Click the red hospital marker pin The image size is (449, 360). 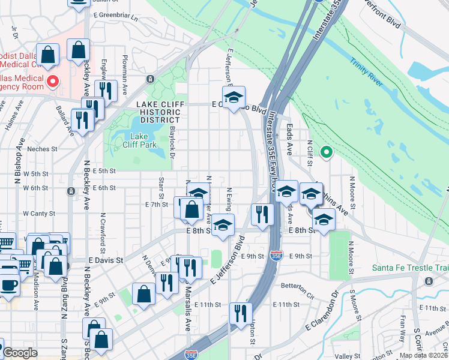pos(52,81)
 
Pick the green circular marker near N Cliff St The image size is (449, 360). pos(326,152)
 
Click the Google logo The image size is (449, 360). pos(20,353)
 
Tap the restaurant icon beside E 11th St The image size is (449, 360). pos(241,313)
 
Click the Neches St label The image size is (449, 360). pos(42,149)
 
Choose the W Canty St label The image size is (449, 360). pos(39,213)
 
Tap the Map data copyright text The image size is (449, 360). pos(423,355)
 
